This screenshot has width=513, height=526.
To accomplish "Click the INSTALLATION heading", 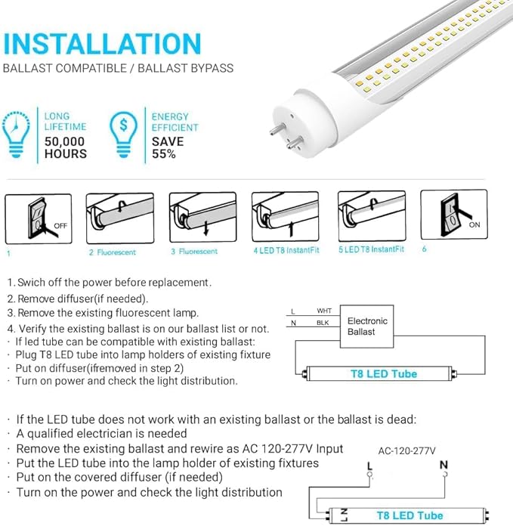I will pos(103,43).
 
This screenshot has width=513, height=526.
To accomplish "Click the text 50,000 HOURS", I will pos(65,147).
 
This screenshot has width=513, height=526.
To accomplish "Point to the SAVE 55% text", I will pos(167,147).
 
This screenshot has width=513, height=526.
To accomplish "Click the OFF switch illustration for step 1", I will pos(39,218).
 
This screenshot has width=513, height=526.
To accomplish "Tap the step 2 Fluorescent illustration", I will pos(119,217).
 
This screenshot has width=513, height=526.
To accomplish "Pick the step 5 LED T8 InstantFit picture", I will pos(371,217).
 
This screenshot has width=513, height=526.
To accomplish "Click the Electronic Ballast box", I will pos(367,326).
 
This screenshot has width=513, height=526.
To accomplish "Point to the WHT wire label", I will pos(323,311).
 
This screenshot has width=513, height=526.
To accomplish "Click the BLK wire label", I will pos(323,323).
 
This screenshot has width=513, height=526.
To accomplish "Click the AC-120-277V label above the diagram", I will pos(407,450).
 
